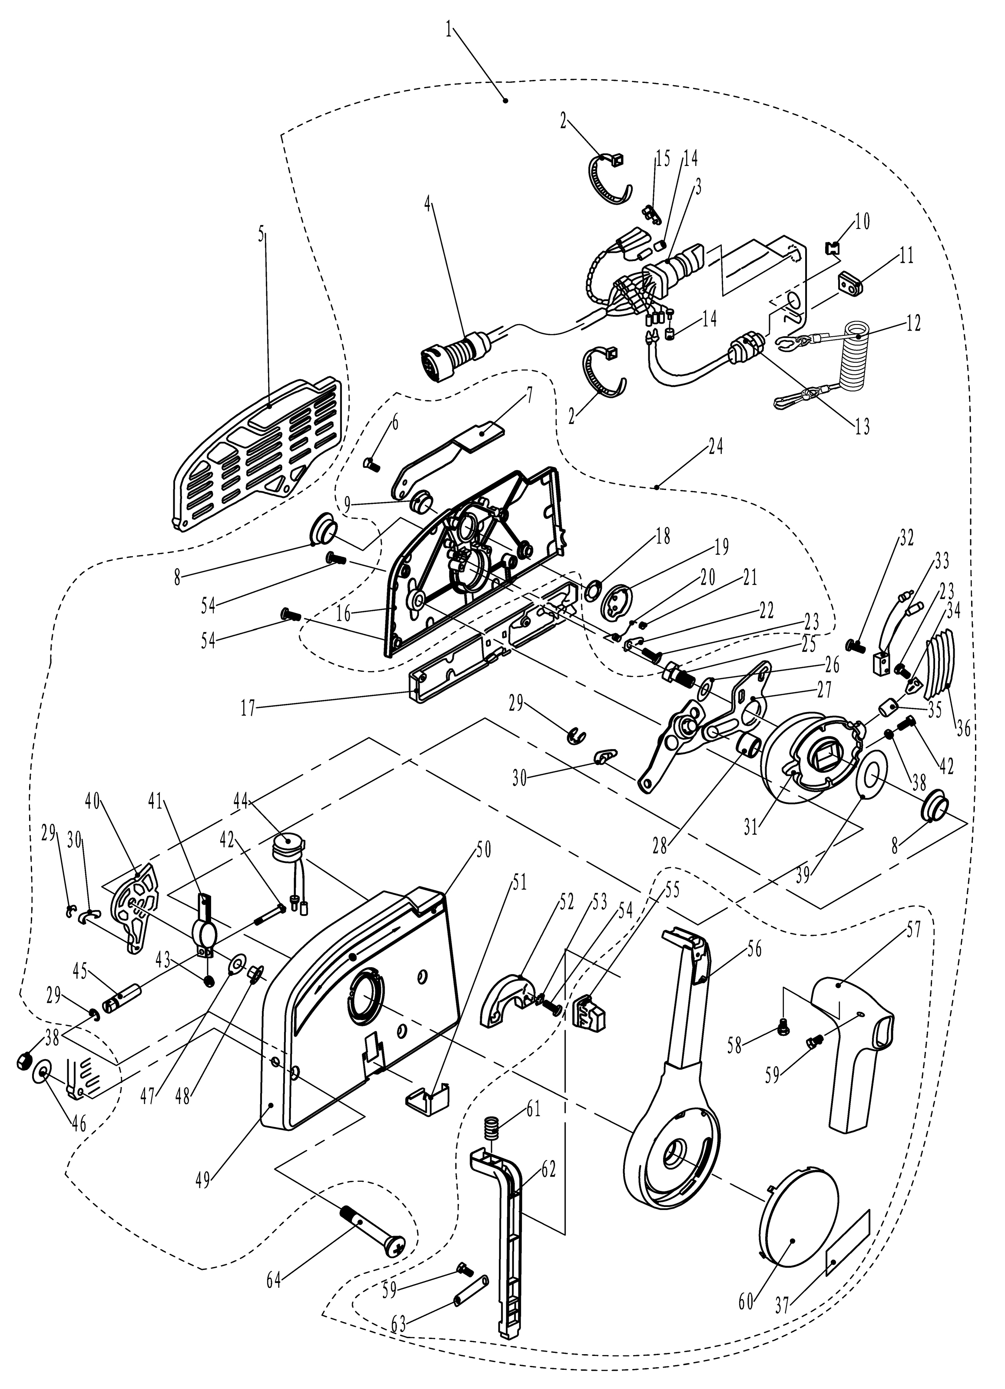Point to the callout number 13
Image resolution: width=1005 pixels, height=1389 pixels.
point(862,427)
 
